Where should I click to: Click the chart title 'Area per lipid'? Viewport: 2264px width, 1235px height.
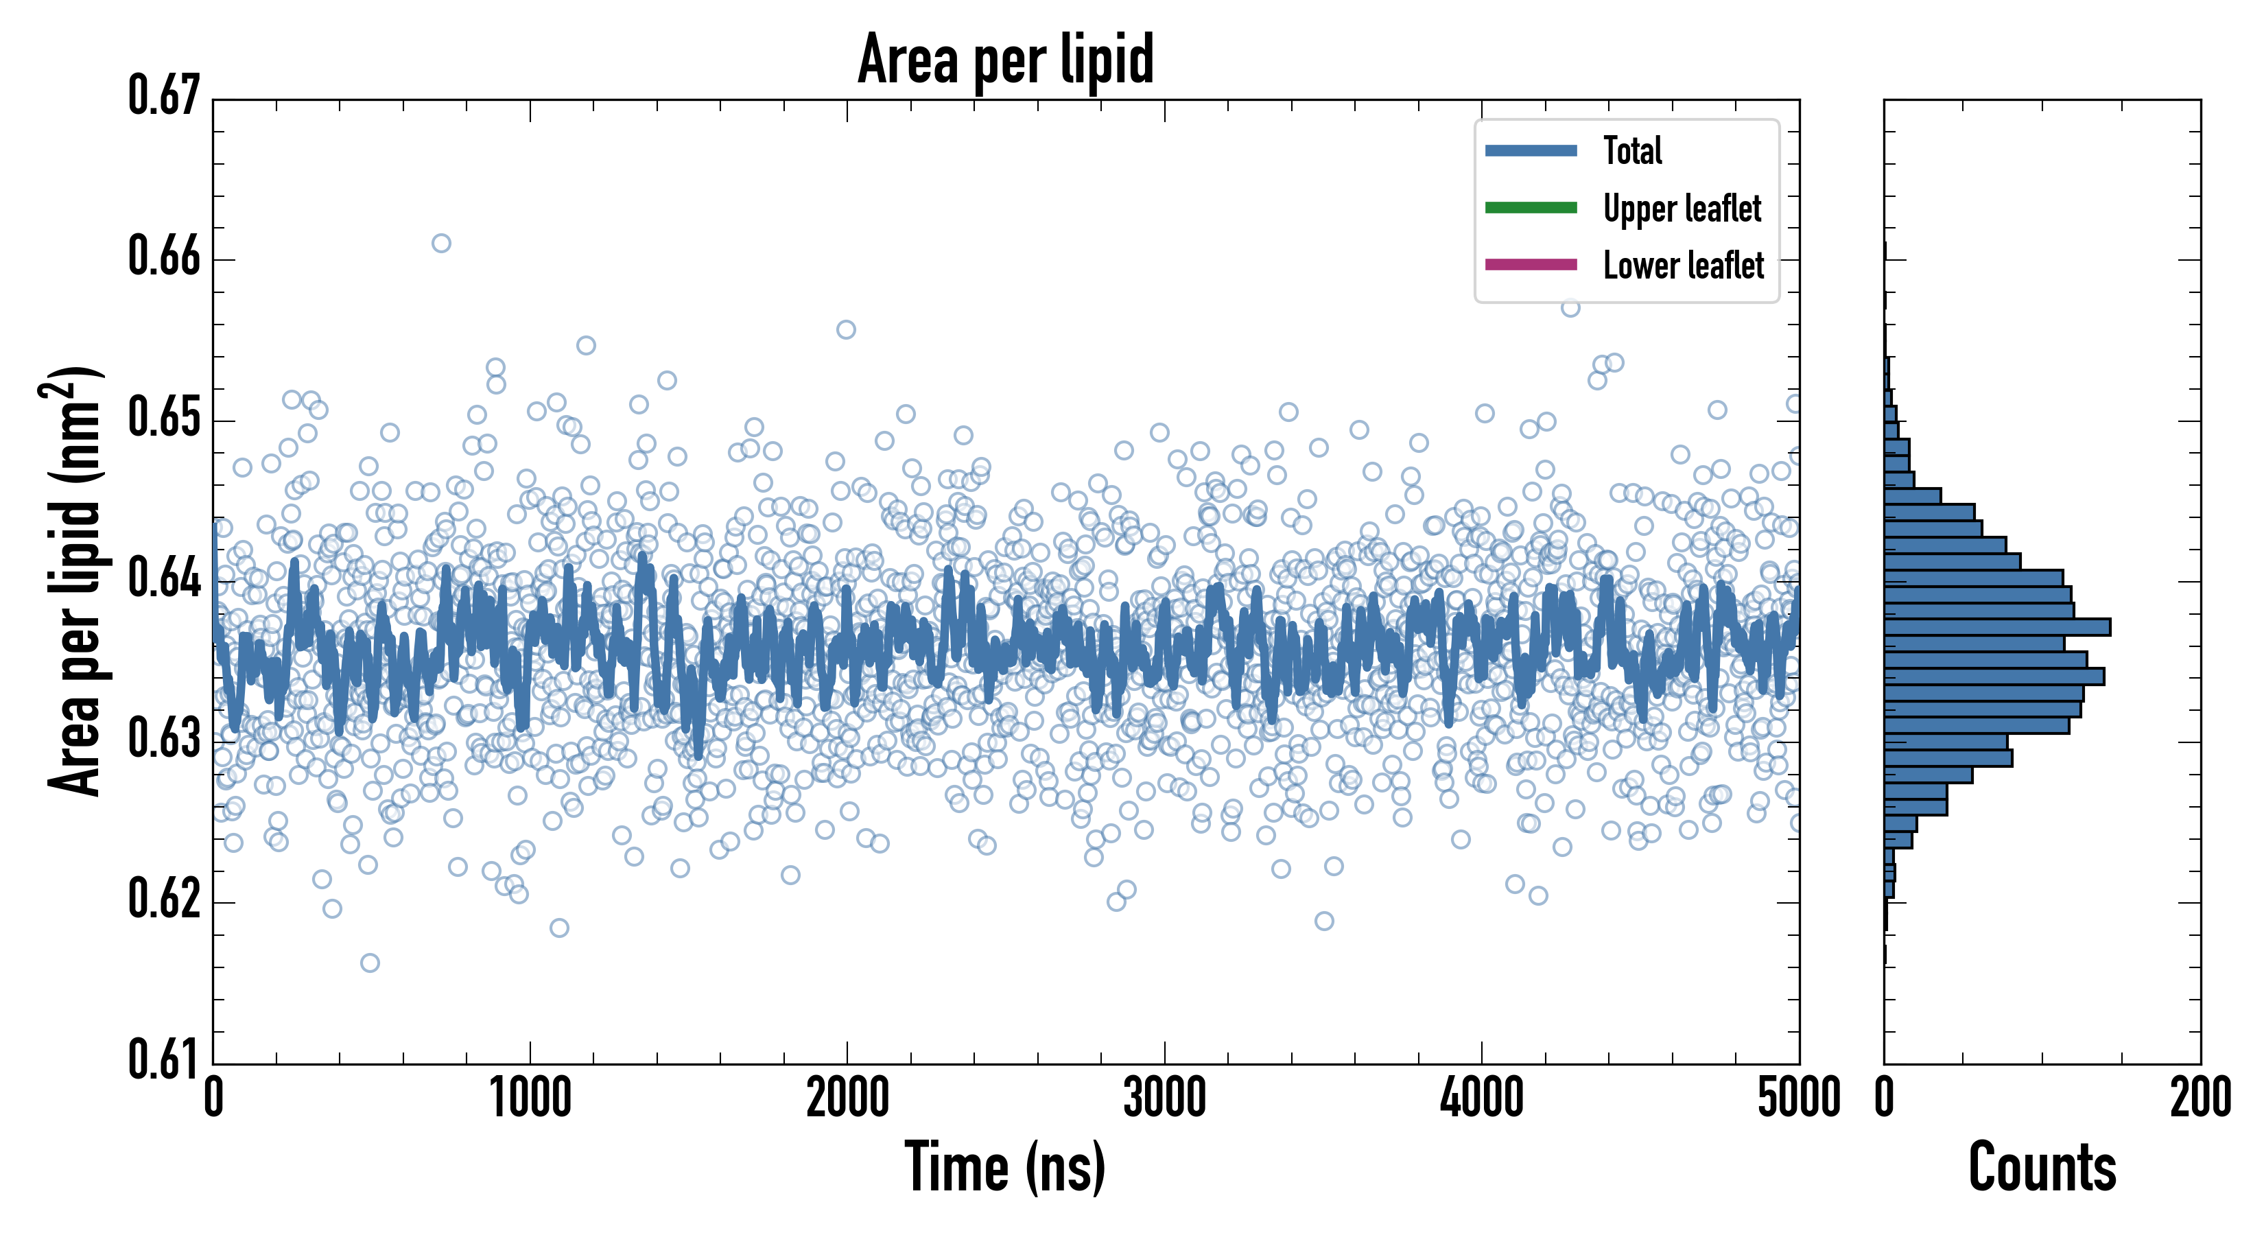click(1006, 59)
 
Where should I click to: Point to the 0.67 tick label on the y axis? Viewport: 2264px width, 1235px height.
click(165, 96)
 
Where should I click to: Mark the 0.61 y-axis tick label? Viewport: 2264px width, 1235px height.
click(165, 1059)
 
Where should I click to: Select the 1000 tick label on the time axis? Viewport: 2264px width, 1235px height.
click(530, 1098)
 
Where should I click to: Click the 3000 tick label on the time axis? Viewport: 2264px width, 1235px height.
click(1164, 1098)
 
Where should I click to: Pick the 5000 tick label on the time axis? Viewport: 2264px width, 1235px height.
click(1798, 1098)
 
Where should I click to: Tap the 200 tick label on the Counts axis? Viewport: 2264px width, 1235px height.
click(2200, 1098)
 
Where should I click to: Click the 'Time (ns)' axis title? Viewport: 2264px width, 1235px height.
click(1006, 1167)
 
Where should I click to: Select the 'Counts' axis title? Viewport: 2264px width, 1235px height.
click(2042, 1167)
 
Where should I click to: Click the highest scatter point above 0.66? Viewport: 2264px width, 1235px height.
click(441, 243)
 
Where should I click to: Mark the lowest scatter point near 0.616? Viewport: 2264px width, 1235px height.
click(370, 963)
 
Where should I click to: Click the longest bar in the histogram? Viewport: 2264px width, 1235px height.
click(1997, 626)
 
